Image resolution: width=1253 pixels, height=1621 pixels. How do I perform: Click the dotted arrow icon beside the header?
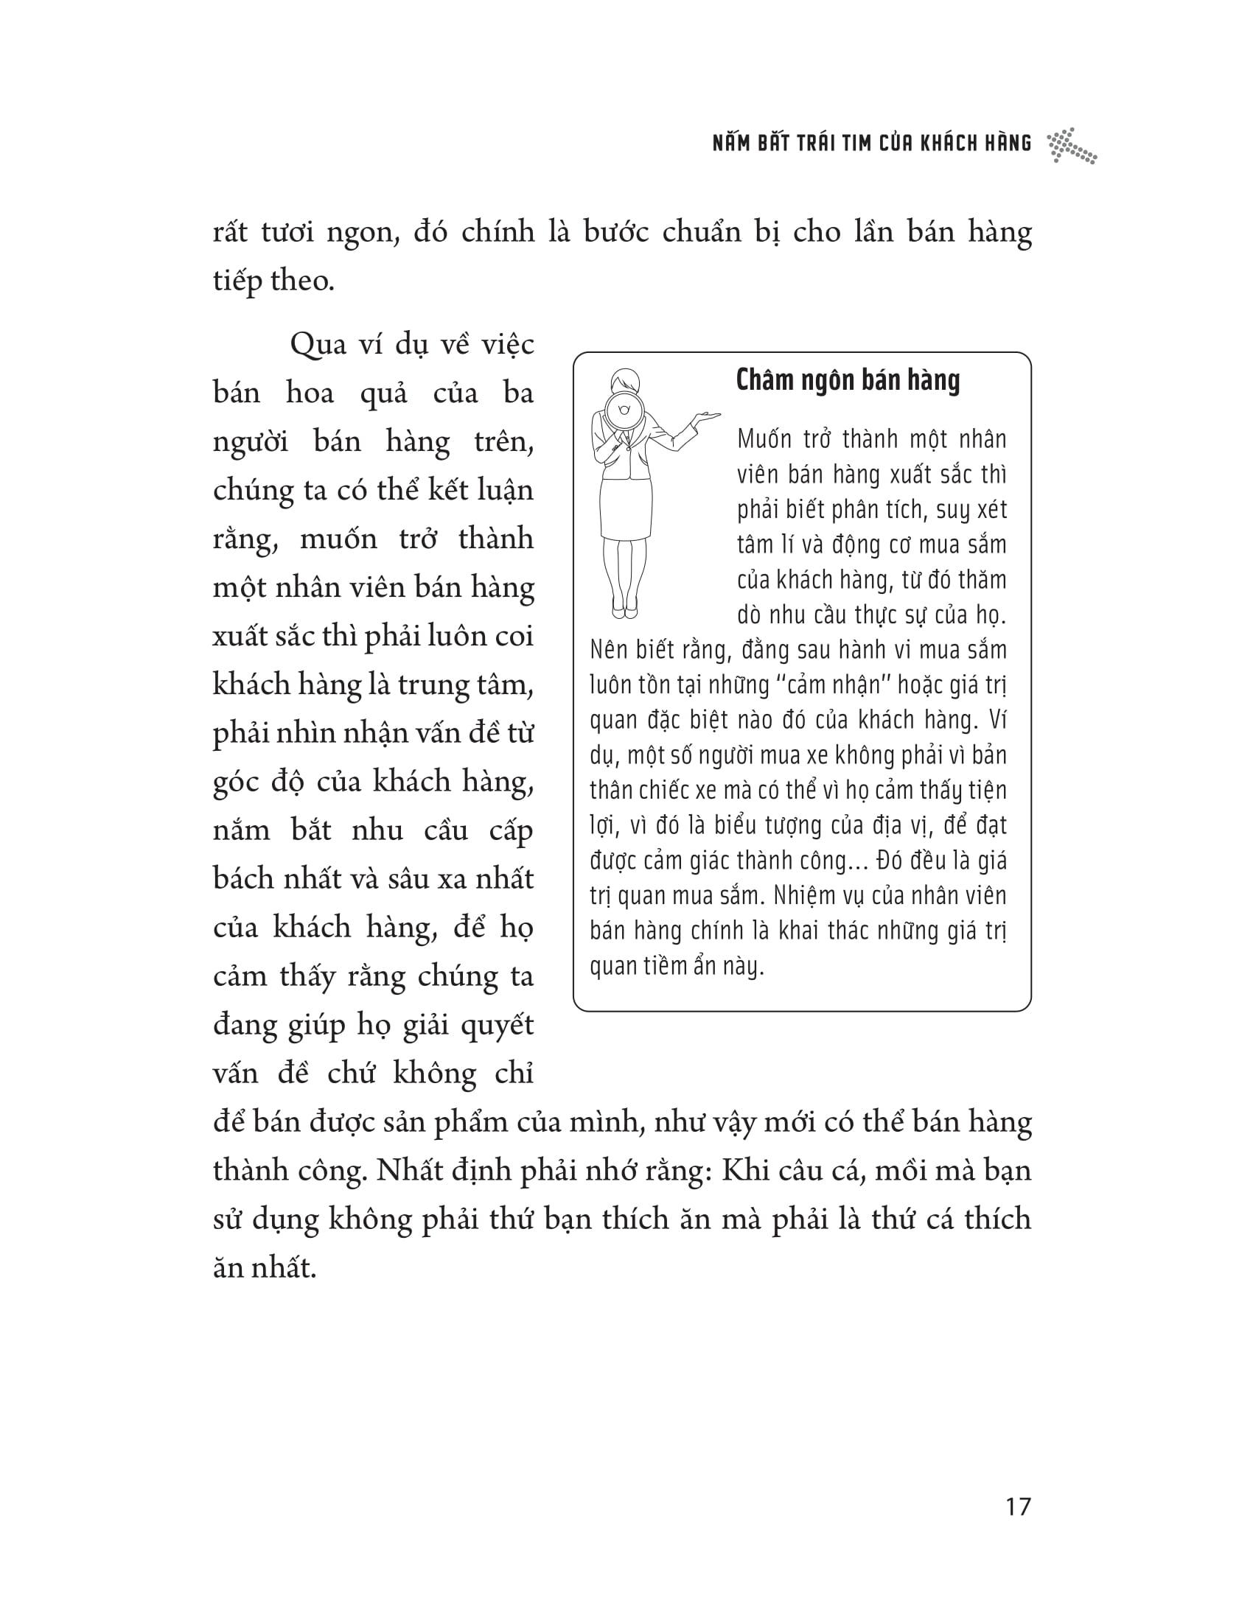pos(1071,145)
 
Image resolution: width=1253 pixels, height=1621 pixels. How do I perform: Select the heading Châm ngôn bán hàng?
pos(848,380)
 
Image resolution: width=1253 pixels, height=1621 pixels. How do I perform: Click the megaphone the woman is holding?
pos(621,410)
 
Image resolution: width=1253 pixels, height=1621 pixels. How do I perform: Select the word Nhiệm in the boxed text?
pos(812,896)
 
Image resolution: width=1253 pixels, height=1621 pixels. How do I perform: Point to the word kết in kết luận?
pos(424,491)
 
